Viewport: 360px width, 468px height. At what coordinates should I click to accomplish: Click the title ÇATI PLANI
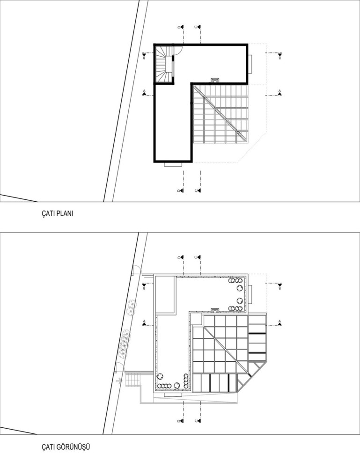click(x=57, y=214)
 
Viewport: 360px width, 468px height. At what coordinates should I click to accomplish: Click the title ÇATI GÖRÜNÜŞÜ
click(x=66, y=447)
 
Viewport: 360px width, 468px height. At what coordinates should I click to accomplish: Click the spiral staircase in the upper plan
click(x=164, y=64)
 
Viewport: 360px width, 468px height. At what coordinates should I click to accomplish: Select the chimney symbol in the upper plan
click(x=214, y=80)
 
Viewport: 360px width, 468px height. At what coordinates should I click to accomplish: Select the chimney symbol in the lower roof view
click(x=214, y=310)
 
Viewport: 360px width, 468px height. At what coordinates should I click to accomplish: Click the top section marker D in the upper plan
click(x=181, y=27)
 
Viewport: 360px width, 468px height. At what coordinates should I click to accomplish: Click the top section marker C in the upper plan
click(x=198, y=27)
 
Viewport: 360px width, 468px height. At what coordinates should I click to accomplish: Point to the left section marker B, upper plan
click(x=144, y=56)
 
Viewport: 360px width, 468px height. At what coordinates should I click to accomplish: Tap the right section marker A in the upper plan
click(x=279, y=93)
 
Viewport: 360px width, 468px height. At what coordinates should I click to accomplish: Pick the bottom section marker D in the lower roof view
click(x=181, y=421)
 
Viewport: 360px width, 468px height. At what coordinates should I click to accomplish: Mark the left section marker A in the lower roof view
click(x=144, y=323)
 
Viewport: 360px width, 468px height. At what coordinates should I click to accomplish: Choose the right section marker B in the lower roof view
click(x=279, y=286)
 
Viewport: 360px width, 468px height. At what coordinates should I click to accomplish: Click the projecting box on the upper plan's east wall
click(x=251, y=64)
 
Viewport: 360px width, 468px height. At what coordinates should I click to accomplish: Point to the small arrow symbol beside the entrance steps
click(x=120, y=380)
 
